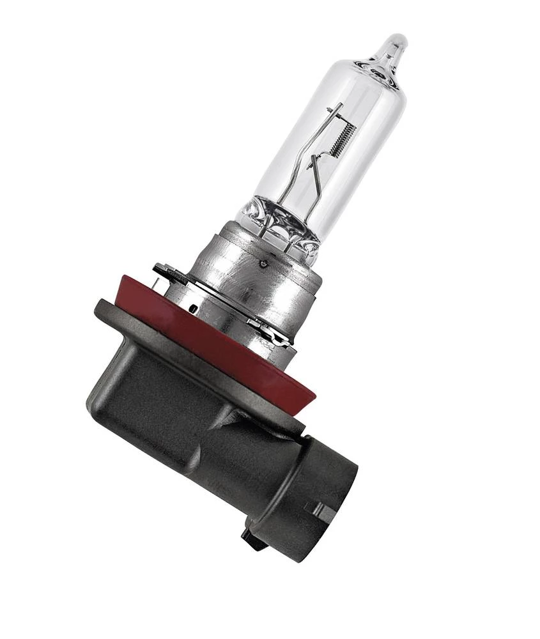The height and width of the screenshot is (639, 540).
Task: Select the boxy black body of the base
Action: (160, 409)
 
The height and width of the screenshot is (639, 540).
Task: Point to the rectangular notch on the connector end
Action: (319, 509)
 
